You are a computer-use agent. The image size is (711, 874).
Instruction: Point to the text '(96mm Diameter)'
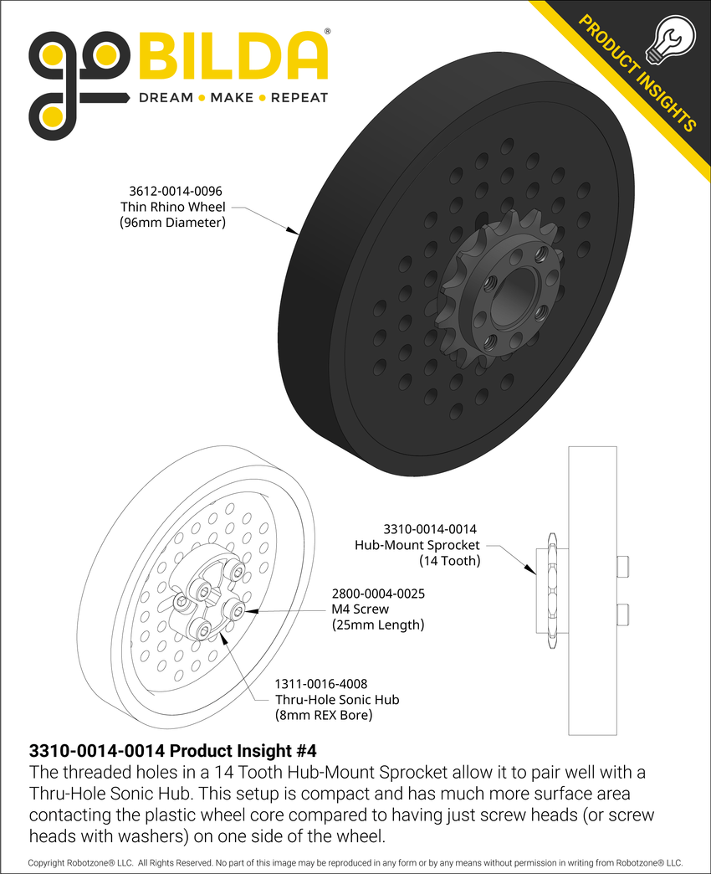coord(173,223)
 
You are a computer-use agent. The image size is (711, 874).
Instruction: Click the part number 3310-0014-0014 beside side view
coord(430,529)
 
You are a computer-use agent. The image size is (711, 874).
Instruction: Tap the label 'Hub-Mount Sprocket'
coord(417,545)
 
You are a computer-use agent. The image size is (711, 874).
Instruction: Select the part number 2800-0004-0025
coord(378,594)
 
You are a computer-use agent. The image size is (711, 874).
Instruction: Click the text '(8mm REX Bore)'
coord(324,715)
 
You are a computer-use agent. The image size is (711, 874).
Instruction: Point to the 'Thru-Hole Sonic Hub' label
coord(337,700)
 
